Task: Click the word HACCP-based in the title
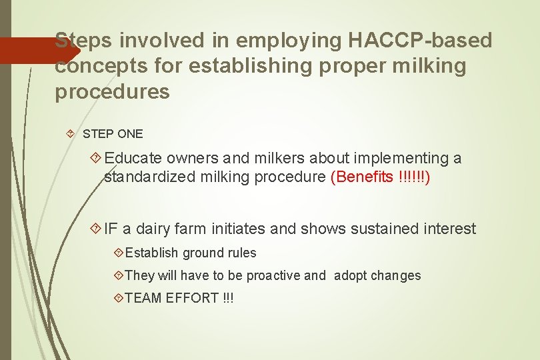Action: click(x=421, y=41)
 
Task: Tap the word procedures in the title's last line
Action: click(x=112, y=92)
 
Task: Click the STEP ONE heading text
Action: click(x=113, y=133)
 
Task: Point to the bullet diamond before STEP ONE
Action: click(x=71, y=133)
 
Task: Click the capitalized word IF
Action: click(x=111, y=229)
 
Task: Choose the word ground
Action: click(x=205, y=253)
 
